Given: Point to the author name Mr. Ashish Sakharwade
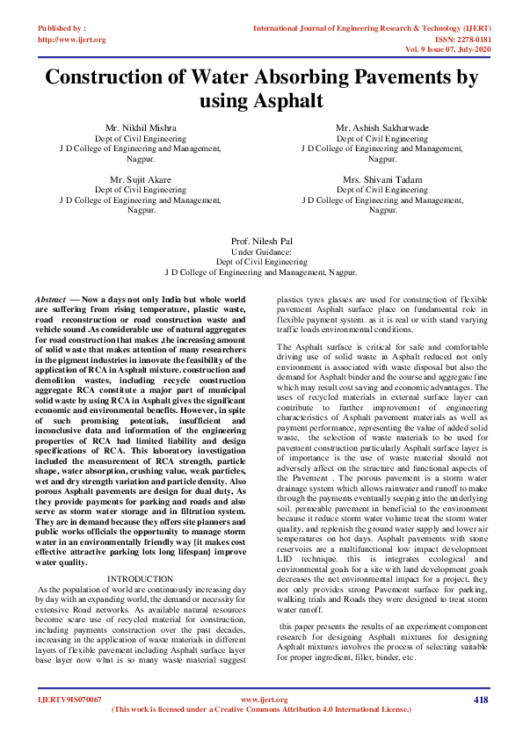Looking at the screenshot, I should pos(382,128).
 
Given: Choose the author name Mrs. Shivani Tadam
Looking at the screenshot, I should pos(382,179).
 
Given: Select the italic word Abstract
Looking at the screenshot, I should pos(50,300).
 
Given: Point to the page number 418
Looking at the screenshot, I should pos(480,700).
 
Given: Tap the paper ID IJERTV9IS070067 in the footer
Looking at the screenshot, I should pos(69,700).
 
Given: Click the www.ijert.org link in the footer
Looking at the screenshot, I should pos(264,700).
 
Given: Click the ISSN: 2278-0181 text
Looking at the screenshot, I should pos(461,39).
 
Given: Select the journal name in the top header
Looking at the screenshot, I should pos(370,28).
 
